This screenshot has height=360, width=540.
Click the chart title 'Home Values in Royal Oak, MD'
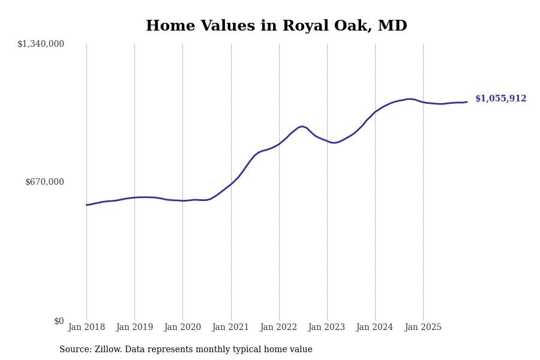(x=276, y=26)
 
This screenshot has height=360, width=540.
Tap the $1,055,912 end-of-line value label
(x=500, y=99)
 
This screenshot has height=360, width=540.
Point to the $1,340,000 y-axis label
(x=41, y=44)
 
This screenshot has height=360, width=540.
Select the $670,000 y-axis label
(x=44, y=182)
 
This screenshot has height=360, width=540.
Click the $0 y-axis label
(x=59, y=321)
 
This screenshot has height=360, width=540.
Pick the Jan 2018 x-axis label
(x=86, y=328)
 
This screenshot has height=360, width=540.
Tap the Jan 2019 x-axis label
(x=134, y=328)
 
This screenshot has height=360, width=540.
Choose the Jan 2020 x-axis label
(x=182, y=328)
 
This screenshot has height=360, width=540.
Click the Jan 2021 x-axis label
(x=231, y=328)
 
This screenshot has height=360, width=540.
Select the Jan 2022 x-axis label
(x=279, y=328)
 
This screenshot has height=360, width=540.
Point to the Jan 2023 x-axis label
(x=327, y=328)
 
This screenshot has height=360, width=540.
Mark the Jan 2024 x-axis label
(x=375, y=328)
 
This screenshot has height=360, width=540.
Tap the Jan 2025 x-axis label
(x=423, y=328)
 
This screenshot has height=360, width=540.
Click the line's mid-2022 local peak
(x=302, y=126)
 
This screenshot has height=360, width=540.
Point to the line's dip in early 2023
(x=334, y=143)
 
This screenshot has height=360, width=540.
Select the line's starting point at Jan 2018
(x=86, y=205)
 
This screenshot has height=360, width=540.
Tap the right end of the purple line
(x=467, y=102)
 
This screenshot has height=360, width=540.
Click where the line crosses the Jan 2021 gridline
(x=231, y=184)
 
